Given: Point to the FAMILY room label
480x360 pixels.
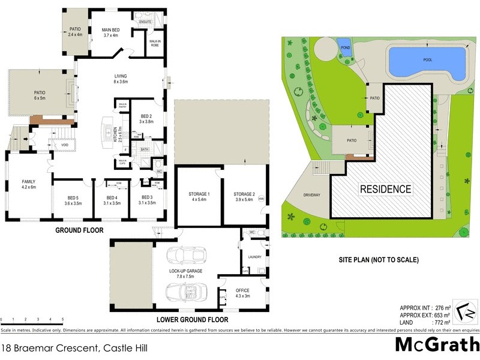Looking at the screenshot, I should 29,184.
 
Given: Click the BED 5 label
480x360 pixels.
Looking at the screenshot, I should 73,200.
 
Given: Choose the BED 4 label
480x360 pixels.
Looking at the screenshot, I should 112,200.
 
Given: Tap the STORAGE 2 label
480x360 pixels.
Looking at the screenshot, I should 244,197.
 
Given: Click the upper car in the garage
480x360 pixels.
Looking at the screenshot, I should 186,257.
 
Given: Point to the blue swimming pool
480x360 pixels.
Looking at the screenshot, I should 427,63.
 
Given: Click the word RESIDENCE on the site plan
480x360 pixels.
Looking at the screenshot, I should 385,189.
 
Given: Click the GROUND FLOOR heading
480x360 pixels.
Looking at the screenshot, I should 79,230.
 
